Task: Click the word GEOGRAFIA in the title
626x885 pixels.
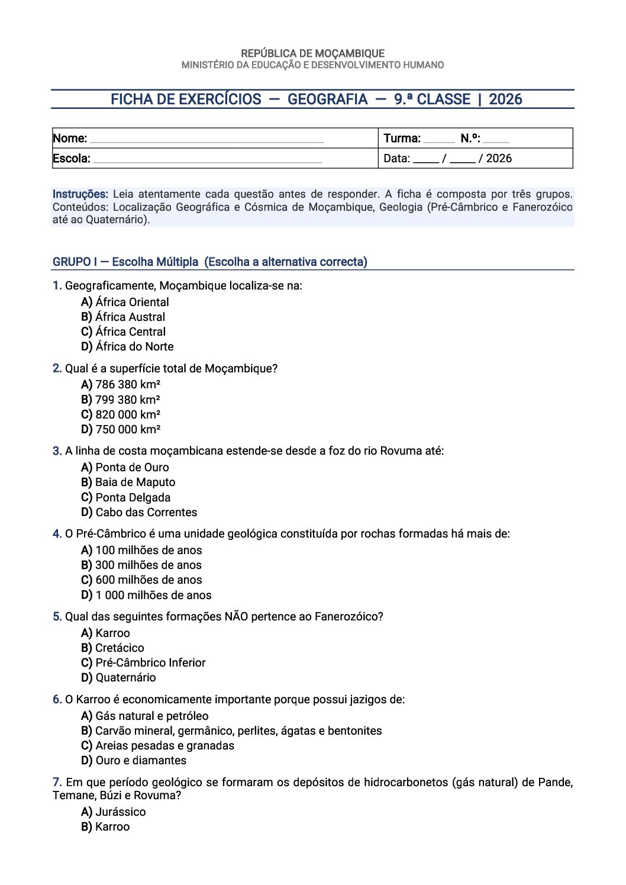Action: [327, 99]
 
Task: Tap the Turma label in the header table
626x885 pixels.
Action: [402, 139]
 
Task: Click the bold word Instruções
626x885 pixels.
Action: [80, 194]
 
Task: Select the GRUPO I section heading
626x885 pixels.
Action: [209, 262]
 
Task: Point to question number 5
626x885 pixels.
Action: [57, 617]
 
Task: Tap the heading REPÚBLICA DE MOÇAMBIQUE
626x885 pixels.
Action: [312, 53]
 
